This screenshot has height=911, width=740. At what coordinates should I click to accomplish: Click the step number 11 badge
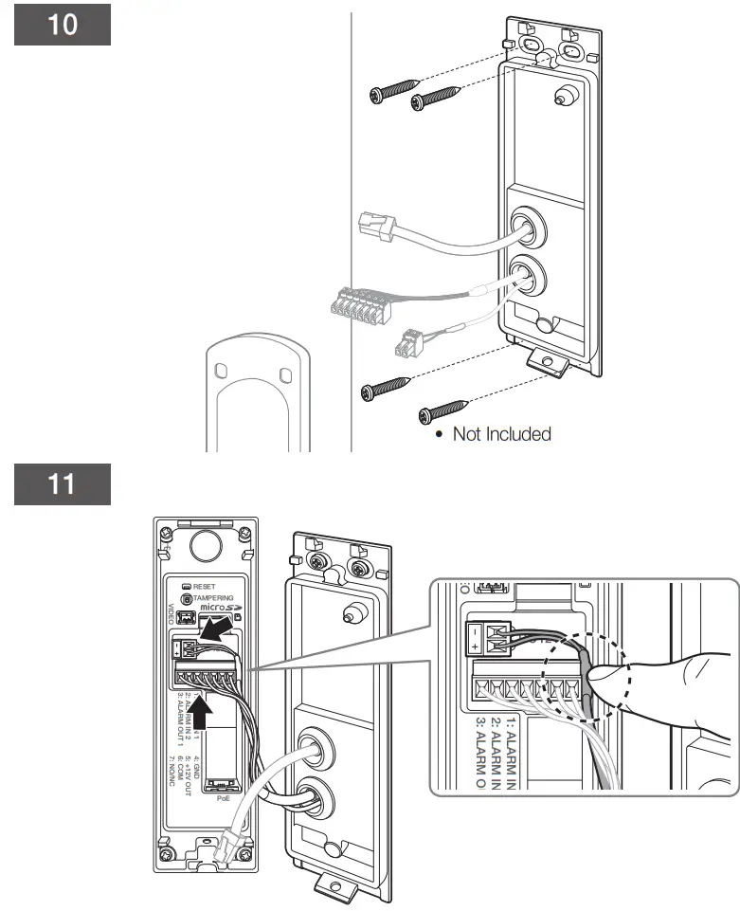coord(63,484)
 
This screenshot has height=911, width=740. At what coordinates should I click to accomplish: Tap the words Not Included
coord(501,434)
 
